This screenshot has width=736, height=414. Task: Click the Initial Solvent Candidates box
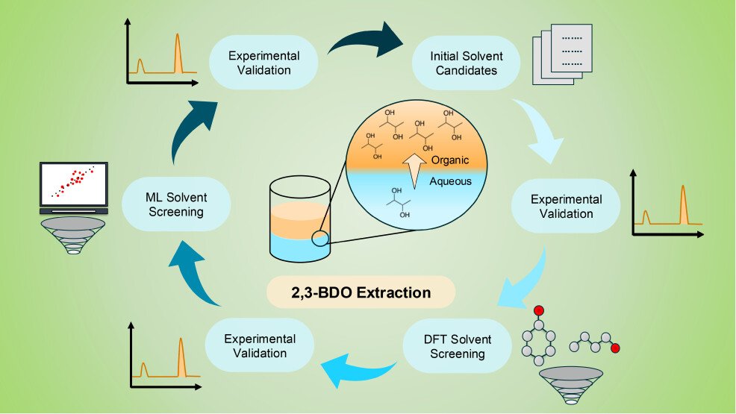[x=467, y=63]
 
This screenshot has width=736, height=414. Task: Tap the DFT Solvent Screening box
[x=457, y=345]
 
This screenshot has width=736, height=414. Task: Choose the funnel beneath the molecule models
[x=571, y=384]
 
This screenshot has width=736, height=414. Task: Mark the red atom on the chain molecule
[x=615, y=348]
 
